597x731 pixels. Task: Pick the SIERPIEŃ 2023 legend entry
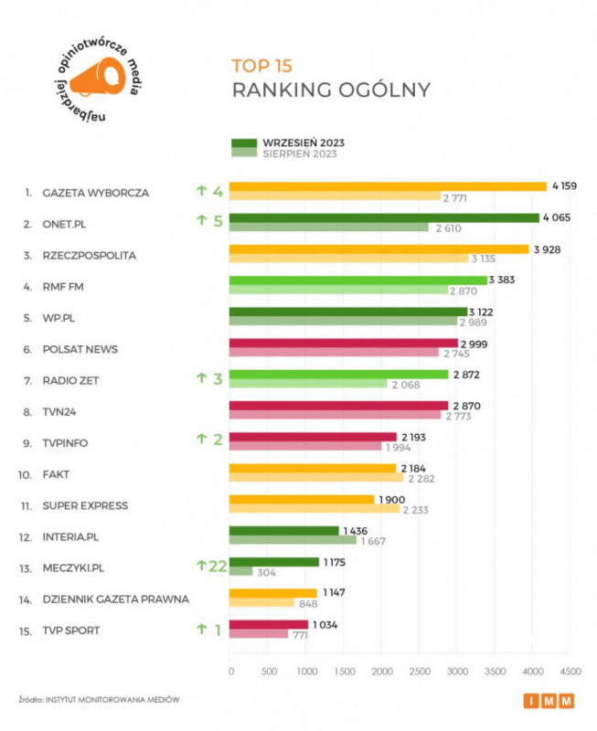(300, 154)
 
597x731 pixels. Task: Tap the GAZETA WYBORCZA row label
(95, 193)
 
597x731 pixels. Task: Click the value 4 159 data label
(565, 186)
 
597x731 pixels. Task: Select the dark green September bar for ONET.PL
(384, 217)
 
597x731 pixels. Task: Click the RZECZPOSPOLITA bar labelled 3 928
(378, 249)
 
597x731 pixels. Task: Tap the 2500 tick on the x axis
(418, 671)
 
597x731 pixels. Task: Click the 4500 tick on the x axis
(569, 671)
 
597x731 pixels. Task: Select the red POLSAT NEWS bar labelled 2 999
(343, 343)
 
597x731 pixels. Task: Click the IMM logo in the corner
(549, 701)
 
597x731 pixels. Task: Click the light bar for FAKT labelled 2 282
(315, 478)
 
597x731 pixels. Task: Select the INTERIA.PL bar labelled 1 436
(283, 530)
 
